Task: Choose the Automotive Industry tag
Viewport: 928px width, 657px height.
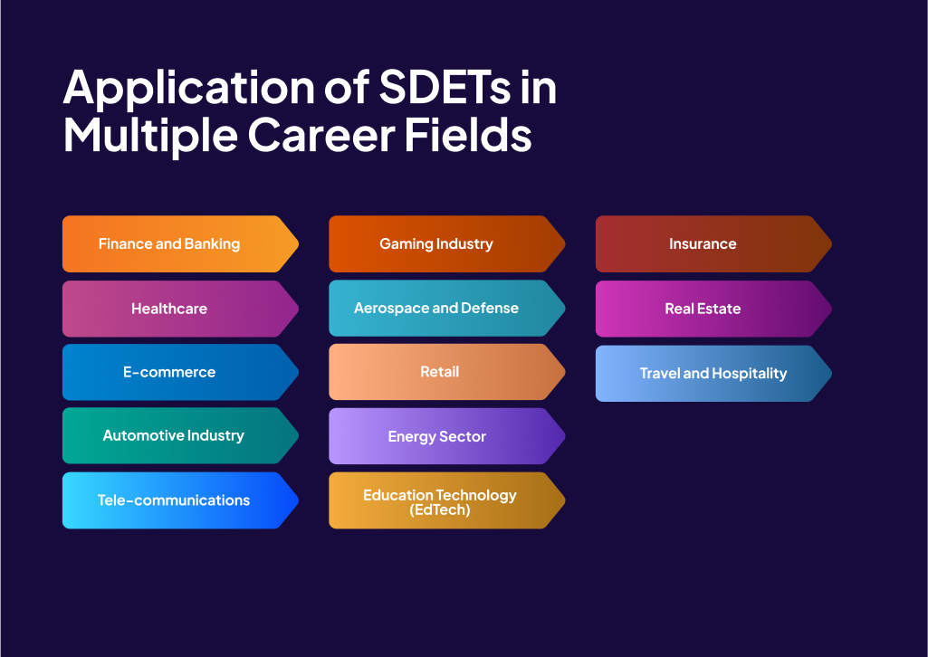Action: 172,435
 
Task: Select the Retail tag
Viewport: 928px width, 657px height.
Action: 440,372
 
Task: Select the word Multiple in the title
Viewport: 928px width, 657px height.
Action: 149,136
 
